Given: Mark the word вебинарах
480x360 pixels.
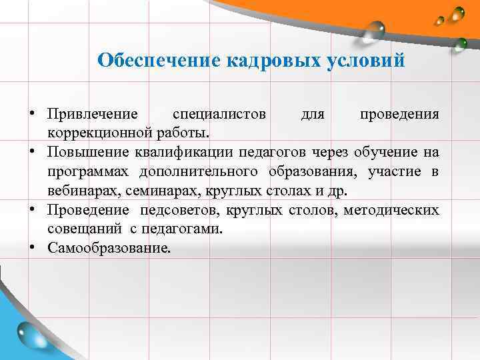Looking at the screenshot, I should (x=79, y=191).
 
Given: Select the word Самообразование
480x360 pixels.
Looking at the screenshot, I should (x=109, y=249).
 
